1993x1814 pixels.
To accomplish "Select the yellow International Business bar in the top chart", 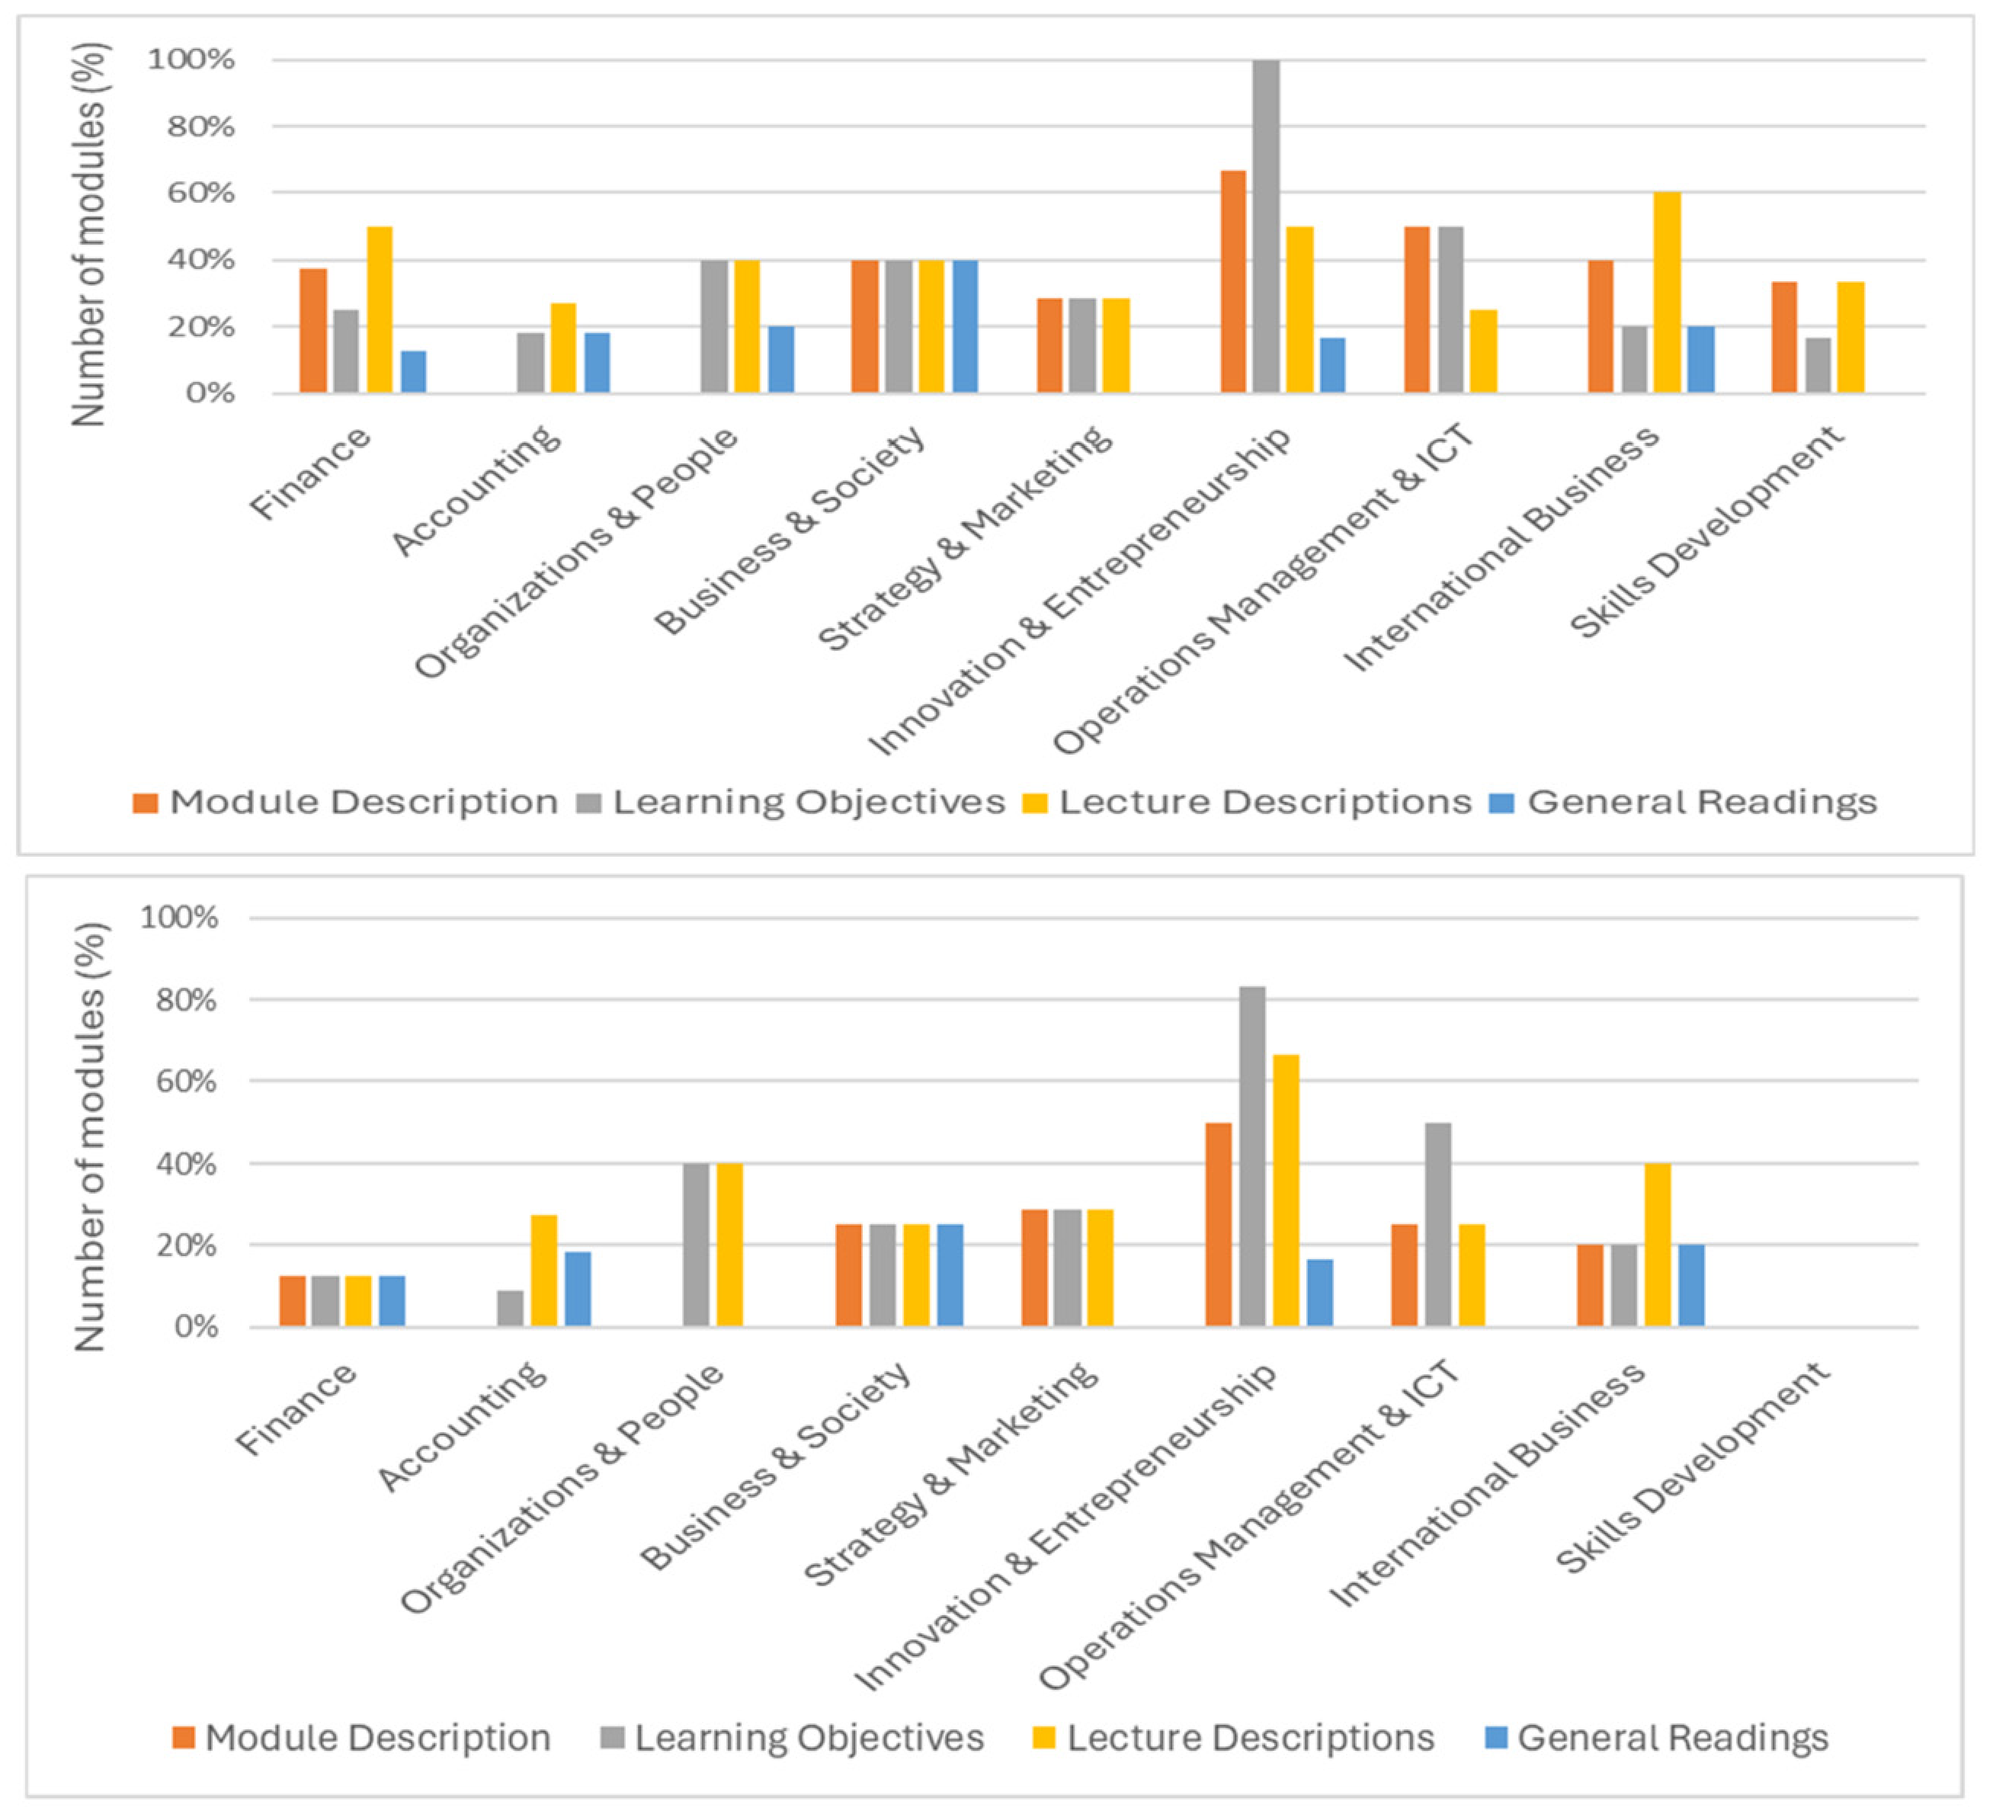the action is (x=1667, y=293).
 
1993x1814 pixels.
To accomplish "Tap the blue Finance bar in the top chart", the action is (x=413, y=372).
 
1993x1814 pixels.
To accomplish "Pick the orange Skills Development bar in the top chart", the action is (x=1784, y=338).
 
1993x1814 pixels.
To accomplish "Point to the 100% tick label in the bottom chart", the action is (x=179, y=918).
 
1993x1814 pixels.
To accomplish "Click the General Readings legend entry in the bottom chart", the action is (x=1658, y=1738).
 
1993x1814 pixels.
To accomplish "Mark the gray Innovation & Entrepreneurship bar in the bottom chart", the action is (x=1251, y=1156).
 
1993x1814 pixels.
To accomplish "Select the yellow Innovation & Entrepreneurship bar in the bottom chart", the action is (x=1286, y=1191).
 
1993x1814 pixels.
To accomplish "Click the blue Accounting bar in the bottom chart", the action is (x=578, y=1289).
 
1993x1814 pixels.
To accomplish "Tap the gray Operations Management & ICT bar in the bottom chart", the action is (x=1437, y=1225).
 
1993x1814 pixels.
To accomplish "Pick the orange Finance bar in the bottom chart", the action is (x=293, y=1301).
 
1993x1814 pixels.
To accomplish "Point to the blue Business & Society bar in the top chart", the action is (x=965, y=327).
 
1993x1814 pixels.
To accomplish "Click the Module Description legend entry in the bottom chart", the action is (x=362, y=1738).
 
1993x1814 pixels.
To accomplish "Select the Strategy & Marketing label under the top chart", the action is (x=965, y=538).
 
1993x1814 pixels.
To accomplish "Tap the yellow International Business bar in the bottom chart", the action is (x=1657, y=1245).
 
